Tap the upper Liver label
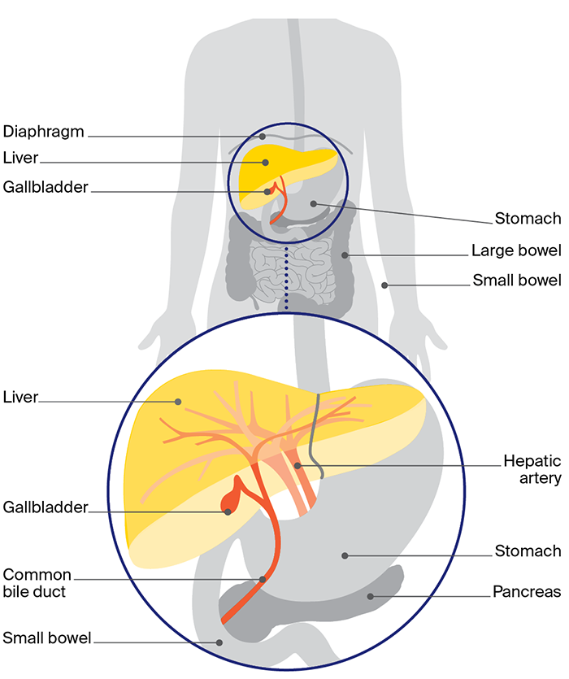[x=20, y=157]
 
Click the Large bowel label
[x=516, y=250]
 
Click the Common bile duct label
[x=37, y=583]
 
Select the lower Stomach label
[x=528, y=551]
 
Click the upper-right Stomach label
[x=528, y=218]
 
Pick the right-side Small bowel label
[x=517, y=281]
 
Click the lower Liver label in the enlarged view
[x=20, y=398]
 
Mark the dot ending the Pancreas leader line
[x=371, y=597]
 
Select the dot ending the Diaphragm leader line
[x=263, y=136]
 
